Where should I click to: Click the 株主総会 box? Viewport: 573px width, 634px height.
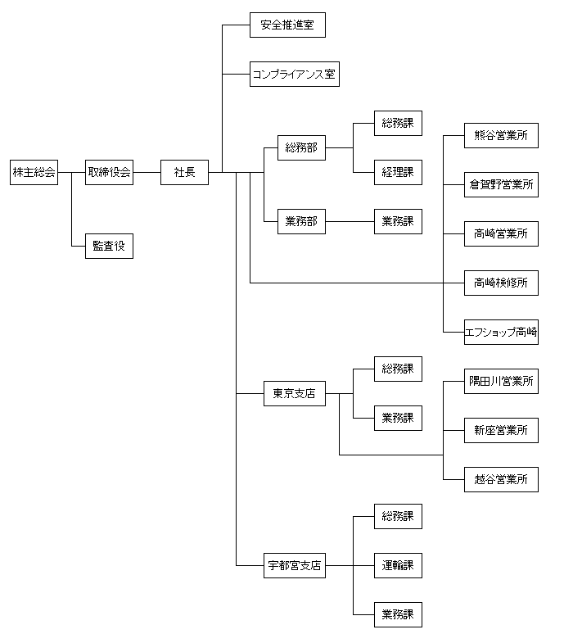(34, 172)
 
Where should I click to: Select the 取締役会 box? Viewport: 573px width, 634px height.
(109, 172)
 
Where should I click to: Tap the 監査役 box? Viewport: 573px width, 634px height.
(109, 246)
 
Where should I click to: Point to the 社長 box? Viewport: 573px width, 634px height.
(184, 172)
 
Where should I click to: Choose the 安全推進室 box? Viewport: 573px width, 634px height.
(287, 25)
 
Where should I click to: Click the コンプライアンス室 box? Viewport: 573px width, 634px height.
(294, 74)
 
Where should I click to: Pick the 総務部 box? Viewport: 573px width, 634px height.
(300, 148)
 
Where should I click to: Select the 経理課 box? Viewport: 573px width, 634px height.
(398, 172)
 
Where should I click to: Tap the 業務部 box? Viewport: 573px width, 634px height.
(300, 221)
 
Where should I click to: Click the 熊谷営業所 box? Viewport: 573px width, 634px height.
(501, 135)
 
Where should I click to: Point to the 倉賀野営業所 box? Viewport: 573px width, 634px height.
(501, 184)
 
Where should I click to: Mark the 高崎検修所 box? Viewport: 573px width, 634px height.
(501, 283)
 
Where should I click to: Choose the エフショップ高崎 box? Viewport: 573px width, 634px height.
(501, 332)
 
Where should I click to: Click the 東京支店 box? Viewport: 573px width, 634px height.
(294, 394)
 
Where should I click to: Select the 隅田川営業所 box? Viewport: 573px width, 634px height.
(501, 381)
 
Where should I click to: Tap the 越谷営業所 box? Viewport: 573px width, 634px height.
(501, 479)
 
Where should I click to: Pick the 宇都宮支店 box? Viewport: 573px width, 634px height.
(294, 565)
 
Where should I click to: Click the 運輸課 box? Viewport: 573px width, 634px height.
(398, 565)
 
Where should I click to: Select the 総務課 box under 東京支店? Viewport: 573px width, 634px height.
(398, 369)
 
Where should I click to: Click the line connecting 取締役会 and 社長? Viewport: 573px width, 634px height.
(147, 172)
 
